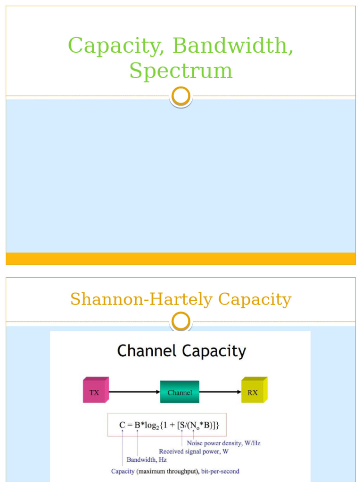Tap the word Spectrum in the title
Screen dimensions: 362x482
tap(181, 71)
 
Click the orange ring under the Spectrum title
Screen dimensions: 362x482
tap(181, 96)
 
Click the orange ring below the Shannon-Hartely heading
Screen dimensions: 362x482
tap(181, 322)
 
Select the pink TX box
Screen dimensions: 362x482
tap(95, 390)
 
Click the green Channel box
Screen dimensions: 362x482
tap(180, 392)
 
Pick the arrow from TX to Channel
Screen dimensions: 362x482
tap(134, 391)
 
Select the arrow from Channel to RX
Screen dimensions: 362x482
tap(220, 391)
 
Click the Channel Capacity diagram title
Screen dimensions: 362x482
tap(181, 351)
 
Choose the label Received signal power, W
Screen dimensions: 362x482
tap(200, 451)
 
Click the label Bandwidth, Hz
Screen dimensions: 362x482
tap(146, 460)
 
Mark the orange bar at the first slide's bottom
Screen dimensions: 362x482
tap(181, 258)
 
